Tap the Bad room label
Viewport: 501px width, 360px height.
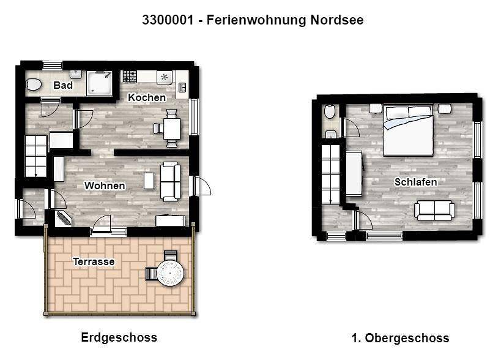pos(63,85)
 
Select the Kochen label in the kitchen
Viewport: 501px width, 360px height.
pos(147,97)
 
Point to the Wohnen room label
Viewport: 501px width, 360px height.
pos(105,186)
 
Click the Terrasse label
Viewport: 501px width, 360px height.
pos(94,261)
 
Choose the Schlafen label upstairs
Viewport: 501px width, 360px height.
pos(415,182)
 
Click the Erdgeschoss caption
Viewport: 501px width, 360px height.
pos(119,337)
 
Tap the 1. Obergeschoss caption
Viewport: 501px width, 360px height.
pos(400,338)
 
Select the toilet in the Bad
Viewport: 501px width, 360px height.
pos(32,84)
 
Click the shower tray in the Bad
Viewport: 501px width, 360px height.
pos(100,83)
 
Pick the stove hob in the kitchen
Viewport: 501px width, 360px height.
pos(129,77)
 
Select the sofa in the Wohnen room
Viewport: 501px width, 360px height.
pos(169,181)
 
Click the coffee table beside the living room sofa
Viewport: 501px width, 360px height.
pos(149,180)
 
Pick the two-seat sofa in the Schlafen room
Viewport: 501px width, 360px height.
pos(434,210)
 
